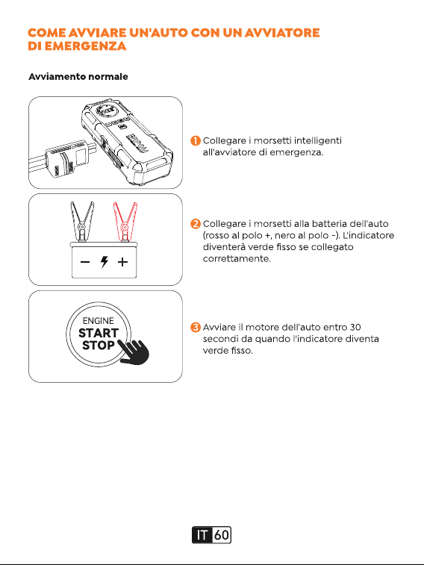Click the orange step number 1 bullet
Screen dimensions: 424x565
point(196,140)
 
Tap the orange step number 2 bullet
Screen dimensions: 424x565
point(196,224)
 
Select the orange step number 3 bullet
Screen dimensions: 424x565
point(196,327)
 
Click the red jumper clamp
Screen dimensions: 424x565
point(125,221)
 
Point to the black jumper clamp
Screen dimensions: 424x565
point(82,221)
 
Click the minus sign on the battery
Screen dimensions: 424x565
point(85,262)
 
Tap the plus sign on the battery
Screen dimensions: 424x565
point(123,262)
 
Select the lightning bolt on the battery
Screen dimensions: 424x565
point(104,262)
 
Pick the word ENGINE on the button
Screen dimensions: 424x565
point(98,321)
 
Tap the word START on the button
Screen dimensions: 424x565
point(99,333)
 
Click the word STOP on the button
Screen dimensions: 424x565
point(98,346)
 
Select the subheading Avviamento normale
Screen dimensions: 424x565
point(78,76)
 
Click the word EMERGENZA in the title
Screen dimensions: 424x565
point(85,46)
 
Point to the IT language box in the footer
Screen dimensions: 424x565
point(202,535)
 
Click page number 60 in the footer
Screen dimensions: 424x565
point(222,535)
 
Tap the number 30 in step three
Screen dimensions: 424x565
point(355,327)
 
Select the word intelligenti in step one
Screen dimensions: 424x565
point(318,141)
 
